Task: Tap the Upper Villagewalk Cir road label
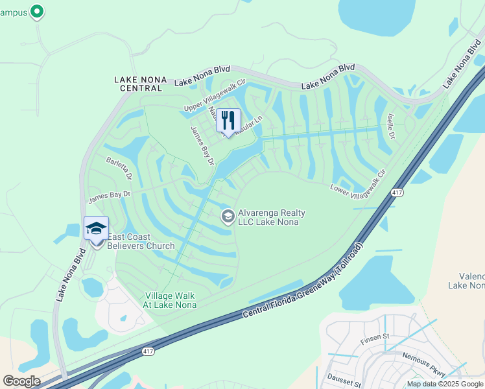point(217,96)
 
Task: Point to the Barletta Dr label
point(119,167)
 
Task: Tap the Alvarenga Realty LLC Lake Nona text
point(272,217)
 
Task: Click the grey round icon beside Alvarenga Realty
point(228,217)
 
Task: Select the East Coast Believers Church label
point(141,241)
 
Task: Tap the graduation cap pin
point(96,228)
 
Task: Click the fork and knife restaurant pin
point(228,120)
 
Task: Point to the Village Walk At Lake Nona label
point(169,300)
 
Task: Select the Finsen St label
point(374,336)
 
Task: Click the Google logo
point(21,381)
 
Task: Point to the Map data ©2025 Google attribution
point(445,384)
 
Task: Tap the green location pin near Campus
point(37,12)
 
